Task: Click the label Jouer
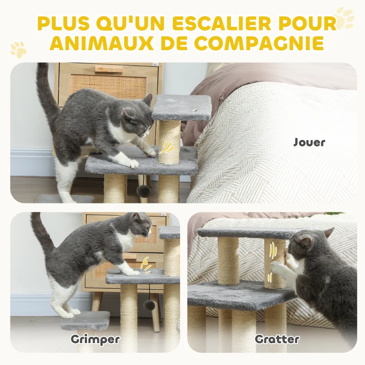309,142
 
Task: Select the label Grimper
95,339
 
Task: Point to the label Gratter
277,339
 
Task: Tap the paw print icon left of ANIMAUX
19,49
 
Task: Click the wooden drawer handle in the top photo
109,69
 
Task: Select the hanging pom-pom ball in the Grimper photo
149,305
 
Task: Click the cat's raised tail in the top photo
46,91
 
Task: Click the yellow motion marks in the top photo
167,147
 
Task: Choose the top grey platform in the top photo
182,108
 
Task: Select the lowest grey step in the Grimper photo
86,321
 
